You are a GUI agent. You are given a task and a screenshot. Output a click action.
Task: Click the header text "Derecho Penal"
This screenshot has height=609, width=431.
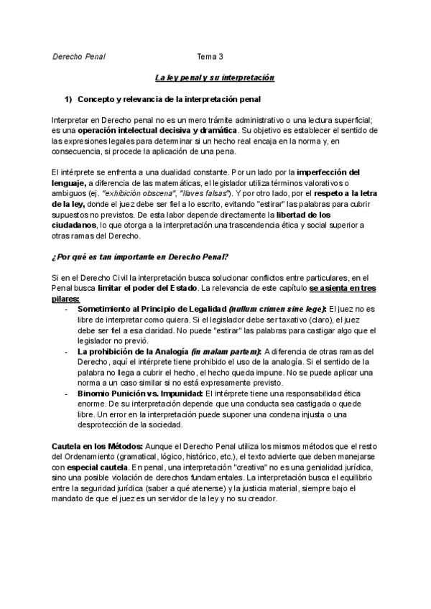[x=79, y=56]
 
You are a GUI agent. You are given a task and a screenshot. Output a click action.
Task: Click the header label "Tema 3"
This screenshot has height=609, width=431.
[x=210, y=56]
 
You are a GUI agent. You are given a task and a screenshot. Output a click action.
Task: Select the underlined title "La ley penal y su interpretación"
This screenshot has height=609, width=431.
[x=215, y=77]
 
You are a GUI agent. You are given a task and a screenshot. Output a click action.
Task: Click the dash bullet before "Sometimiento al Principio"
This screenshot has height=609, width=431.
[x=67, y=309]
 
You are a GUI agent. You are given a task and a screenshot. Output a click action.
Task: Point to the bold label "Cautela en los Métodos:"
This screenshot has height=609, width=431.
[x=93, y=447]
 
